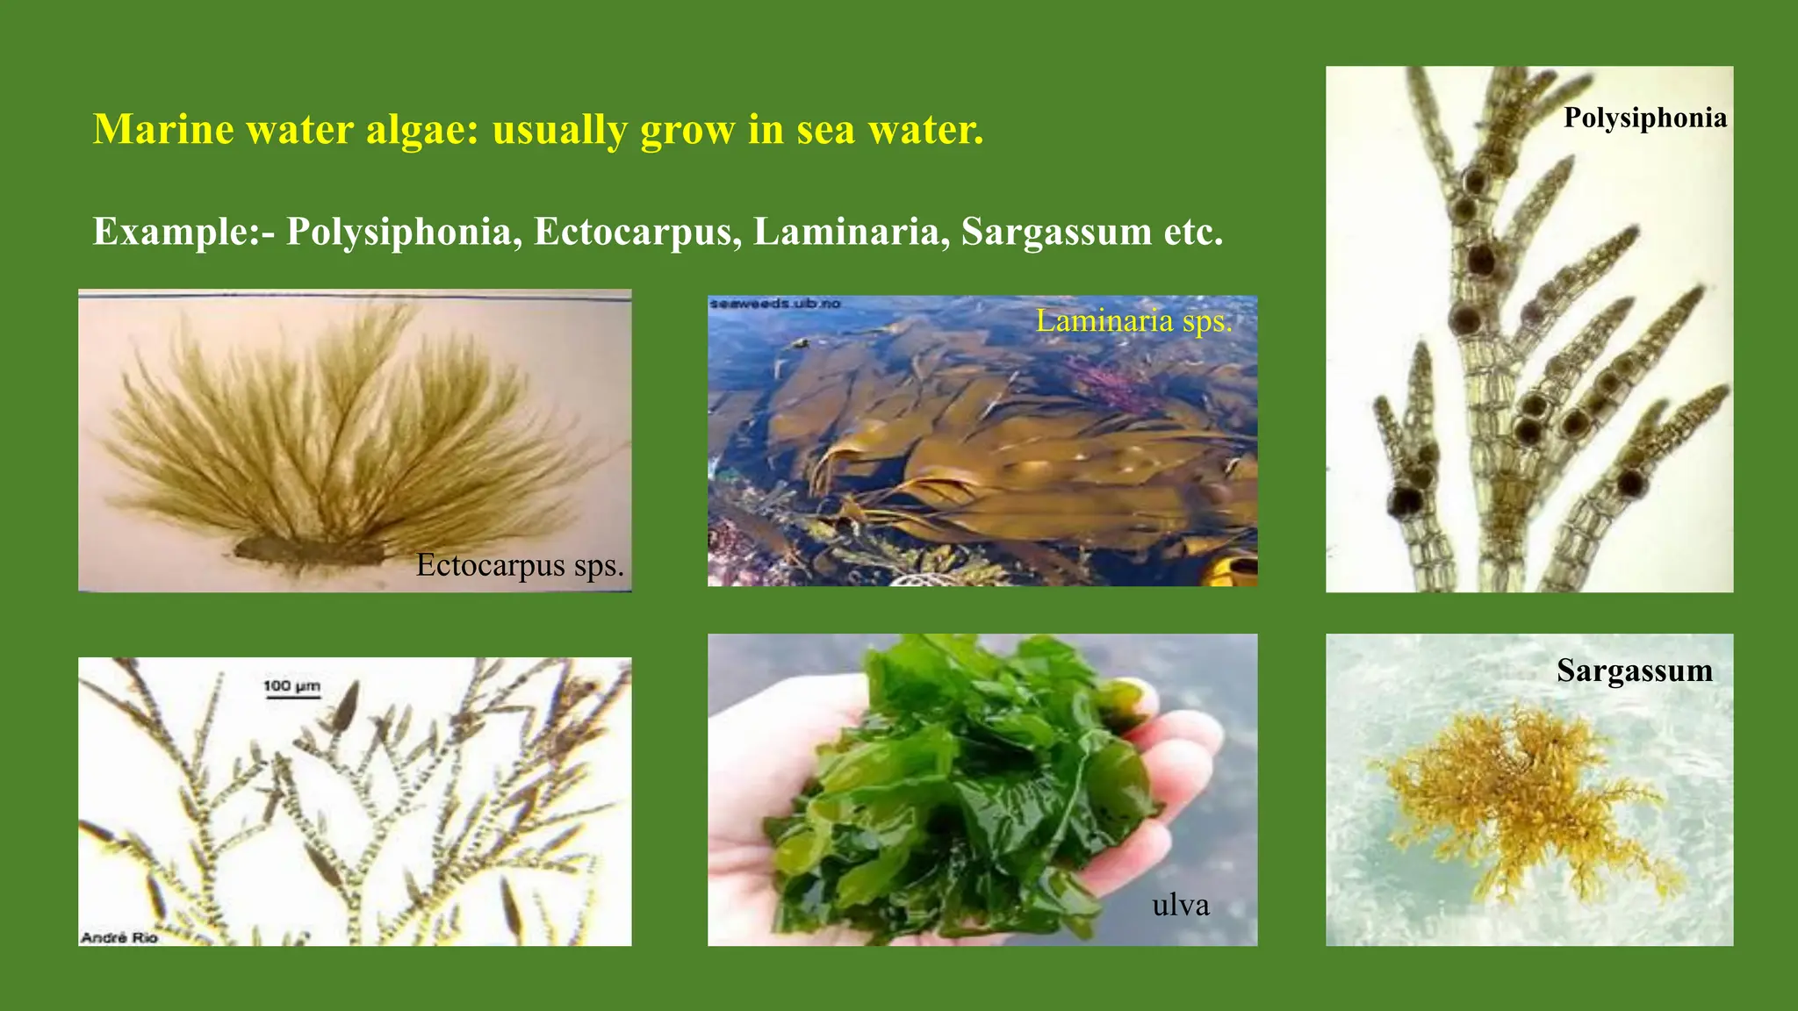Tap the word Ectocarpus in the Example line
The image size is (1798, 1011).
(633, 233)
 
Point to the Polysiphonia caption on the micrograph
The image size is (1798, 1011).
(1644, 118)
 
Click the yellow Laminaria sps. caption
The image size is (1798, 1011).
(1133, 321)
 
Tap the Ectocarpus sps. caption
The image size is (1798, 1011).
(520, 565)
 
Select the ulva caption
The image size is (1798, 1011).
(1180, 905)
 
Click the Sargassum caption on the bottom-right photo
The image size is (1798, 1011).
(1634, 670)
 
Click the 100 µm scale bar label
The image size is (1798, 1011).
(291, 685)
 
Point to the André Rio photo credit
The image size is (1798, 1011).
(119, 937)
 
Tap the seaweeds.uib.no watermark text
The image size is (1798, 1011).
(774, 304)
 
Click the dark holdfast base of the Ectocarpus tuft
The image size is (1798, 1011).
(307, 551)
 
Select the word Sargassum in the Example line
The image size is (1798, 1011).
(1056, 233)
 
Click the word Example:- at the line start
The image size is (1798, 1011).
(183, 233)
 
